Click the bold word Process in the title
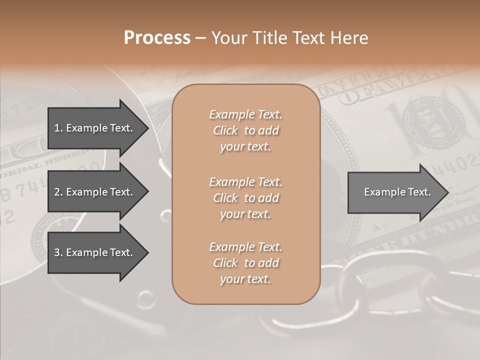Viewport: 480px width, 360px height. point(157,37)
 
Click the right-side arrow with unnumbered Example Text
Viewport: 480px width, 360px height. point(397,192)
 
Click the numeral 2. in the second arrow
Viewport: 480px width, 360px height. point(58,192)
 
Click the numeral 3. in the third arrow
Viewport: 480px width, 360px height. point(58,252)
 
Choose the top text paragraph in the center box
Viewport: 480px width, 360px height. point(245,130)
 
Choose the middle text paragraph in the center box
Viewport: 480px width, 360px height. point(245,198)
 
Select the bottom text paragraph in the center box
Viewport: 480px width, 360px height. point(245,263)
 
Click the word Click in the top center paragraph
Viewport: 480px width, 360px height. point(225,130)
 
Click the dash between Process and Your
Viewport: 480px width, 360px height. point(201,38)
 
